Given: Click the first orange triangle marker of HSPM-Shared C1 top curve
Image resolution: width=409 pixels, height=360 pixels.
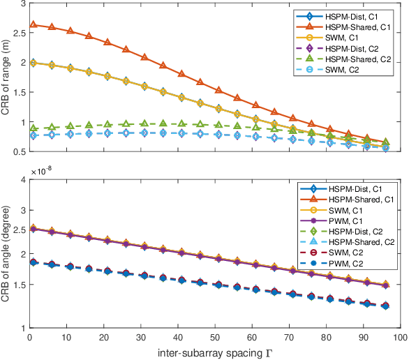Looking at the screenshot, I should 34,25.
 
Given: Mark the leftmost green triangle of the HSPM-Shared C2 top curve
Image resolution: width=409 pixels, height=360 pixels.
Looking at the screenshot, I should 34,128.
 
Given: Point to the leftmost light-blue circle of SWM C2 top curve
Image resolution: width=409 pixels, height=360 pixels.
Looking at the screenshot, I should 34,135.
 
